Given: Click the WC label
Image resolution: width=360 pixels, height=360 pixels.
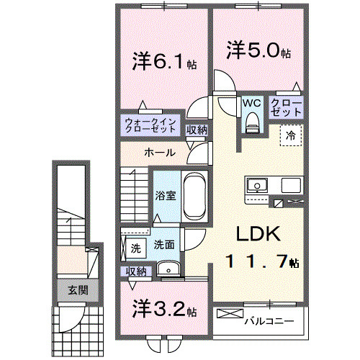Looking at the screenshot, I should [251, 103].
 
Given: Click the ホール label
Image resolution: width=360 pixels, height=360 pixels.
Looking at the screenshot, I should [158, 153].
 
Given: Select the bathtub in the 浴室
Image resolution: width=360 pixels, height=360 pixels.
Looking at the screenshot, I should [194, 196].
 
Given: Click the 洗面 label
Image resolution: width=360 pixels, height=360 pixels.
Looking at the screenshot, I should [163, 245].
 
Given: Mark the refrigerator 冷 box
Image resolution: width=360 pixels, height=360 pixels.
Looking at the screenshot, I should [292, 135].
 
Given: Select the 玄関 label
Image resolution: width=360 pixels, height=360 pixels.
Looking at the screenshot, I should [78, 291].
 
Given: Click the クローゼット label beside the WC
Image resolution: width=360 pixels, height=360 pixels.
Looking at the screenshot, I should [286, 109].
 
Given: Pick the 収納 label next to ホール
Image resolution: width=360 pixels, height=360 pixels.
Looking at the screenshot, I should [197, 130].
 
